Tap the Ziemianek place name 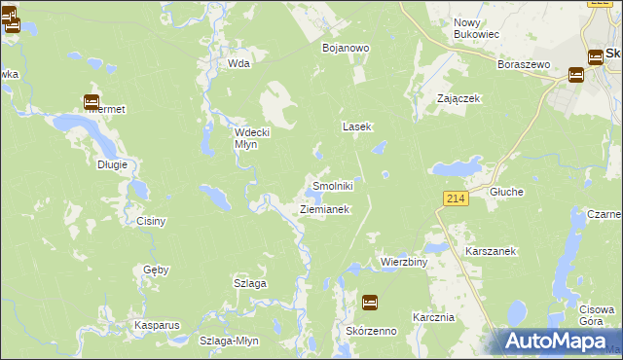coord(324,209)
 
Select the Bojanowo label coord(345,47)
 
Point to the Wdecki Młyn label coord(245,138)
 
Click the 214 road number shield coord(456,198)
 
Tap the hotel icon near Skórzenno coord(369,303)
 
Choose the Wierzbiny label coord(404,263)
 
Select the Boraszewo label coord(524,64)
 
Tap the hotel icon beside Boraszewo coord(575,73)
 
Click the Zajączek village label coord(459,98)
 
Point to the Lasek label coord(355,126)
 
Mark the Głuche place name coord(507,192)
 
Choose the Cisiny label coord(152,221)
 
